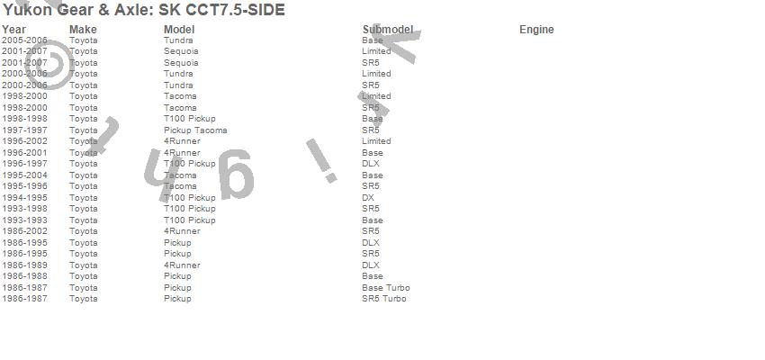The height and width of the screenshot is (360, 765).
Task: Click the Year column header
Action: click(x=13, y=30)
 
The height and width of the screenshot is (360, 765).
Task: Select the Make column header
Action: click(x=83, y=30)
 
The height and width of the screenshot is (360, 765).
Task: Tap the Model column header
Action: click(x=179, y=30)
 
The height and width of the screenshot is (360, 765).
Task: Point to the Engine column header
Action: click(x=536, y=30)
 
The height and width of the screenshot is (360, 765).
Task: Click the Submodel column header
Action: click(x=388, y=30)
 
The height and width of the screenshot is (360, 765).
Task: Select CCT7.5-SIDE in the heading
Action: click(x=235, y=11)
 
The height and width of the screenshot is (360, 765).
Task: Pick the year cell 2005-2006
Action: click(x=24, y=40)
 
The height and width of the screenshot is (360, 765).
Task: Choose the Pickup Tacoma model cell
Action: click(x=195, y=130)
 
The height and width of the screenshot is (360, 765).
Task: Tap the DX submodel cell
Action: click(x=368, y=198)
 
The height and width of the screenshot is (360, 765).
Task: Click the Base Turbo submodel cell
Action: click(x=385, y=288)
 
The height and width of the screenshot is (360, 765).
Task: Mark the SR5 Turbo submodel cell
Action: click(x=383, y=299)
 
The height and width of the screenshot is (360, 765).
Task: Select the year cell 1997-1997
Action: click(x=24, y=130)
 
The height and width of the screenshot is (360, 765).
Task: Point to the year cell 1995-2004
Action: click(x=24, y=175)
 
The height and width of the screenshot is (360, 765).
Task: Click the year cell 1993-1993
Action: click(x=24, y=220)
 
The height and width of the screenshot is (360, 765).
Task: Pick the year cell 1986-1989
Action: click(x=24, y=265)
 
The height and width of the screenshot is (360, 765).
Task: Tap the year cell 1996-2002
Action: click(x=24, y=141)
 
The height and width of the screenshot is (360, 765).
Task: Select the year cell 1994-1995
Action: click(x=24, y=198)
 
